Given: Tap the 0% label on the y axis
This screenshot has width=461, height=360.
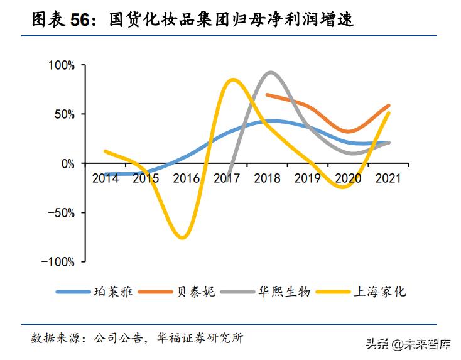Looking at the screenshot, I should point(68,163).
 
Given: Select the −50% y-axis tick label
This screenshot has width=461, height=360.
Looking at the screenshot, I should point(62,212).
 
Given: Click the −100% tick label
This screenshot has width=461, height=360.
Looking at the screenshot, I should point(58,261).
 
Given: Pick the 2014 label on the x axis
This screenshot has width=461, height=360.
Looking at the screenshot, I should point(105,178).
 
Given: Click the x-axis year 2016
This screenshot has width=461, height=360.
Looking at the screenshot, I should point(186,178).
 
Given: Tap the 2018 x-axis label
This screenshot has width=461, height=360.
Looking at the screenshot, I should point(267,178).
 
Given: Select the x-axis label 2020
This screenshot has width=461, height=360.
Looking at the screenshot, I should point(349,178).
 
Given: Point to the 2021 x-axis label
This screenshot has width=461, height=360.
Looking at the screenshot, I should point(389,178).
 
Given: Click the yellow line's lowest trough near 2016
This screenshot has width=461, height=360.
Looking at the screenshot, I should point(182,237).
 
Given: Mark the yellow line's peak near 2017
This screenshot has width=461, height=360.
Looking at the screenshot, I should point(232,80).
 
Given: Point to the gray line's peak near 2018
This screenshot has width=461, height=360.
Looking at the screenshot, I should point(270,72).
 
